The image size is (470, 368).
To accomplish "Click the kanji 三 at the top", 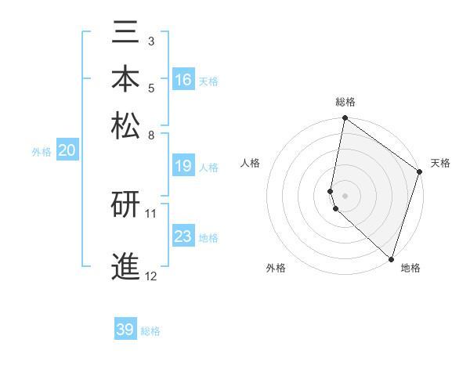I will click(x=126, y=34).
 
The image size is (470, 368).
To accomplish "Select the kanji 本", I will click(x=126, y=78).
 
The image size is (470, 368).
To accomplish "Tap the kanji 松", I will click(x=126, y=124).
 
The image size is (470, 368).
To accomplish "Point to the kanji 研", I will click(x=126, y=204).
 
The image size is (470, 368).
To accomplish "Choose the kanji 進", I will click(x=126, y=266).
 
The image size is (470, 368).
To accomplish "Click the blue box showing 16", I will click(x=183, y=80).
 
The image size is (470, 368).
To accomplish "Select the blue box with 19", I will click(x=183, y=166).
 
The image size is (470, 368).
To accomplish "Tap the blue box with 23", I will click(x=183, y=236).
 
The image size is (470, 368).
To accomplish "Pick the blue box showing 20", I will click(x=67, y=151).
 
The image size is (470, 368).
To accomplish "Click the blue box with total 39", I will click(x=125, y=330).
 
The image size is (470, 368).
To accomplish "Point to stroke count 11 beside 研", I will click(x=151, y=213).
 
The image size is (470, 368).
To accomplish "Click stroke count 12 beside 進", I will click(x=151, y=276).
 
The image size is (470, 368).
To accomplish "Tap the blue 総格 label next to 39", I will click(x=150, y=331).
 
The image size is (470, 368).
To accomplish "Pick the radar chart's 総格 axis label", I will click(x=345, y=103).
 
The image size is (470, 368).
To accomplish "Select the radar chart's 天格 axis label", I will click(x=441, y=163).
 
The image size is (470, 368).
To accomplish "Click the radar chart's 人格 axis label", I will click(x=251, y=163).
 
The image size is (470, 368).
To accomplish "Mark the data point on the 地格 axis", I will click(x=391, y=258).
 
